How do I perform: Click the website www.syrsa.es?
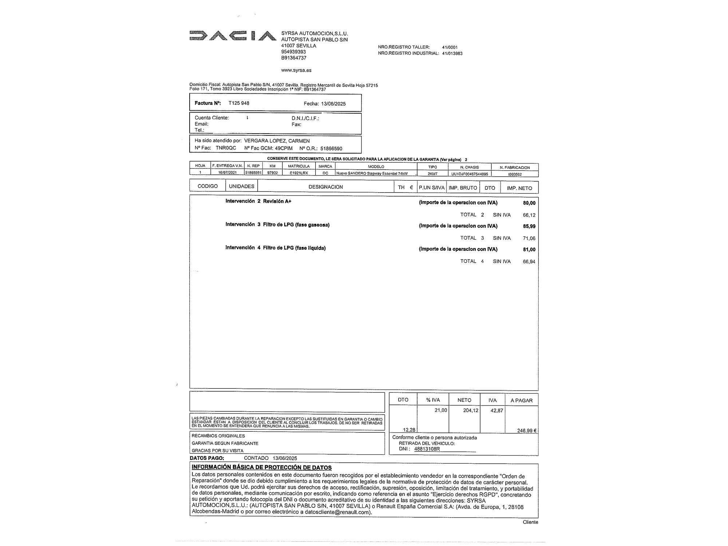(296, 70)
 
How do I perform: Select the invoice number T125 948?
(239, 103)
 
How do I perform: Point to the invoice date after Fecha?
(333, 104)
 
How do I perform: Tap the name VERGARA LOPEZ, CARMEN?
(277, 141)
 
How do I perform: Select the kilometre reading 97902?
(272, 173)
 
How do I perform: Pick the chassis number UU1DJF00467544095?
(470, 174)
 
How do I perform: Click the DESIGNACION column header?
(325, 187)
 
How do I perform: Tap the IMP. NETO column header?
(519, 188)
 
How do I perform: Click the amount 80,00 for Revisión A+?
(529, 203)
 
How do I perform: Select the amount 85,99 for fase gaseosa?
(529, 226)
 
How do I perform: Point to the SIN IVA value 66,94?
(529, 262)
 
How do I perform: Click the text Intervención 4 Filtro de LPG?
(275, 248)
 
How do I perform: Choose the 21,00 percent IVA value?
(440, 410)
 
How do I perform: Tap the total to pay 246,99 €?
(527, 431)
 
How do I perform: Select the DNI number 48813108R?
(427, 449)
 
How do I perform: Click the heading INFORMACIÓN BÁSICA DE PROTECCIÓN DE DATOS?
(261, 467)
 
